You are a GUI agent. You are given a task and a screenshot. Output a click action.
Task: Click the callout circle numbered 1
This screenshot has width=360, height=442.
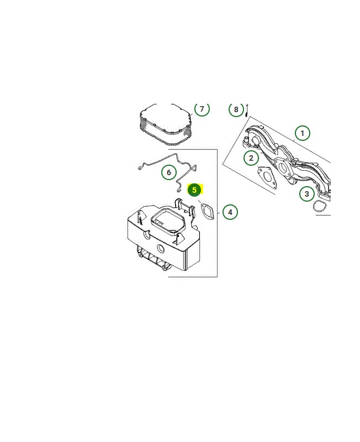[302, 133]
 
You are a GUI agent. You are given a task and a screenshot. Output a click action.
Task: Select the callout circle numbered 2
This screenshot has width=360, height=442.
[251, 158]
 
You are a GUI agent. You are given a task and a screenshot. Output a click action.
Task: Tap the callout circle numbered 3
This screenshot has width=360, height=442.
[307, 194]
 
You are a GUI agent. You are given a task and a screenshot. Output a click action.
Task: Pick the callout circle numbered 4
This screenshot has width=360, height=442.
[230, 212]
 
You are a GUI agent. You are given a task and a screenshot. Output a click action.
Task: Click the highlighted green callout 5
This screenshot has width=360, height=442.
[194, 190]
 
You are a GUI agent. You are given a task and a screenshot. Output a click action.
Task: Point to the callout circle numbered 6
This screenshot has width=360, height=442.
[169, 172]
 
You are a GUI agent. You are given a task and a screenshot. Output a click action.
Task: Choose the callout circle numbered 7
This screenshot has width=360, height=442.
[202, 109]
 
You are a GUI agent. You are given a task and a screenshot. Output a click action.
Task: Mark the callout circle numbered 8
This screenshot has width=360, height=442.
[236, 109]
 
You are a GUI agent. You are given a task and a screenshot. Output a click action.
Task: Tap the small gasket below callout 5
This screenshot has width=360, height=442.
[207, 212]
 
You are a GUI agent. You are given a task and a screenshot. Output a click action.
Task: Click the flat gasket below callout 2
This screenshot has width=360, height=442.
[267, 177]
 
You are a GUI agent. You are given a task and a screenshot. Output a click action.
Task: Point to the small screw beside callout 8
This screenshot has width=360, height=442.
[247, 110]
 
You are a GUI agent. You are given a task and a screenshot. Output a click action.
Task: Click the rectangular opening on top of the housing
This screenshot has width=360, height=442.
[168, 220]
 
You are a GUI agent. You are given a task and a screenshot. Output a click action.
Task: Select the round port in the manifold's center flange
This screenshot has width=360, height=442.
[283, 168]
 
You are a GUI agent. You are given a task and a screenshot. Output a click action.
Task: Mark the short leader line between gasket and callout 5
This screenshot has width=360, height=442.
[200, 201]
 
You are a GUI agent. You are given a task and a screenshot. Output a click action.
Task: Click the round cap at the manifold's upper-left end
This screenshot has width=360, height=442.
[257, 140]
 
